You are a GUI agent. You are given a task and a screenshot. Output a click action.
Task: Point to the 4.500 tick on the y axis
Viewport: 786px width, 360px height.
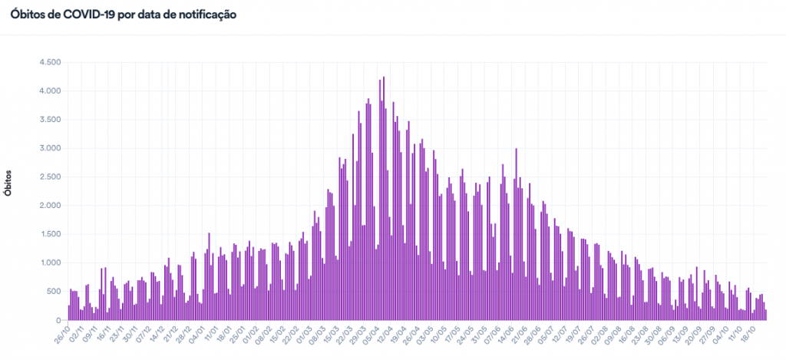click(x=48, y=62)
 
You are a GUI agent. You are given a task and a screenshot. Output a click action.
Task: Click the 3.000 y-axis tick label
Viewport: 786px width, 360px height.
click(x=48, y=148)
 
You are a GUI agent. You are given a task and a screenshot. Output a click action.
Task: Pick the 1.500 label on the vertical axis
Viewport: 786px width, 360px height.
click(x=48, y=234)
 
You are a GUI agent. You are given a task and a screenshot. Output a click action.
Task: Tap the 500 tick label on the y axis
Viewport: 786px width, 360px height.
click(x=52, y=292)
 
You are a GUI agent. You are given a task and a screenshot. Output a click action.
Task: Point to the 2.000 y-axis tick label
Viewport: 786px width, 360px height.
click(x=48, y=206)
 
